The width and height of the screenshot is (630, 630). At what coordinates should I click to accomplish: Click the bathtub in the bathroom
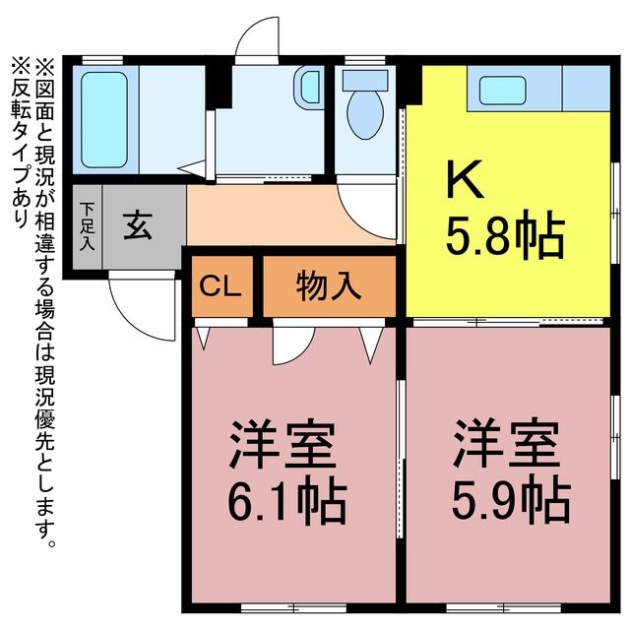pos(104,120)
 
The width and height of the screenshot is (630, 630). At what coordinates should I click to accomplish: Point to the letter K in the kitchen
pos(465,179)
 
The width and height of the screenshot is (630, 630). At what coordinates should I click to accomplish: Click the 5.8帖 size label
pos(505,234)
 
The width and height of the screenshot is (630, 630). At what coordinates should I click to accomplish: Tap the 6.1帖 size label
pos(286,501)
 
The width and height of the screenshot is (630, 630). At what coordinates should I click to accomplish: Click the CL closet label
pos(220,286)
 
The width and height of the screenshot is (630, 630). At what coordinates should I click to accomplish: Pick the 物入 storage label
pos(329,286)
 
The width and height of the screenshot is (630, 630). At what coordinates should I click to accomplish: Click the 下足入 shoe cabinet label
pos(87,227)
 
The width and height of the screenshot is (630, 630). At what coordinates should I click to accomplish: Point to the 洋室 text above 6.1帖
pos(283,444)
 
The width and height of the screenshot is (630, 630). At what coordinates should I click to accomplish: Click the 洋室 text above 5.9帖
pos(507,444)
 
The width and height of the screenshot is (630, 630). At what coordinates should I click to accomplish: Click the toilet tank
pos(365,80)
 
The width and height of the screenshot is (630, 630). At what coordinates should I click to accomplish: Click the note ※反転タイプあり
pos(21,143)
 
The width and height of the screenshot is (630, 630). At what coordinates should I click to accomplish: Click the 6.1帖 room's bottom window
pos(293,607)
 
